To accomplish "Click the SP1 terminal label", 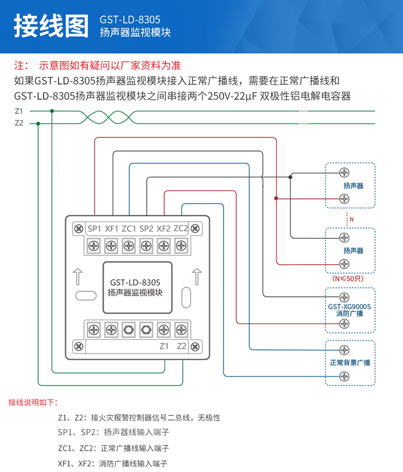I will click(94, 229).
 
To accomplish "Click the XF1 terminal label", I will click(111, 229).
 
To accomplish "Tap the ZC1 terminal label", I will click(129, 229).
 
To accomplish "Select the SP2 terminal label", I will click(146, 229).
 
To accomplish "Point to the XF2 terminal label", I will click(164, 229).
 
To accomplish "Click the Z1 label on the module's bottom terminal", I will click(164, 346).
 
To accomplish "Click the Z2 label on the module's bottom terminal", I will click(182, 346).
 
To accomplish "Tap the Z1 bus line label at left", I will click(18, 111).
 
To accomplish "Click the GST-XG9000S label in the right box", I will click(350, 306).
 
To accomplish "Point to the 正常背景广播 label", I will click(350, 362).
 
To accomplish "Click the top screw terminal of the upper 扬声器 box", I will click(344, 172).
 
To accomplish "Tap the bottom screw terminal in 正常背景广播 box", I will click(344, 377).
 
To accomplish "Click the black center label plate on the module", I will click(135, 288).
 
